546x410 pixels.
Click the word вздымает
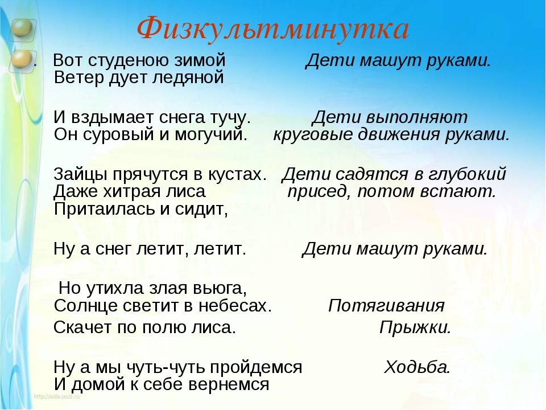point(113,118)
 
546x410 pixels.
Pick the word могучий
point(210,134)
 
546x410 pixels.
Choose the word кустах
point(237,174)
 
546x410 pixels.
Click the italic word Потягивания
point(386,306)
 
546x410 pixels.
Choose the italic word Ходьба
point(417,367)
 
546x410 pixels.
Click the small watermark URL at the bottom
point(57,396)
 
